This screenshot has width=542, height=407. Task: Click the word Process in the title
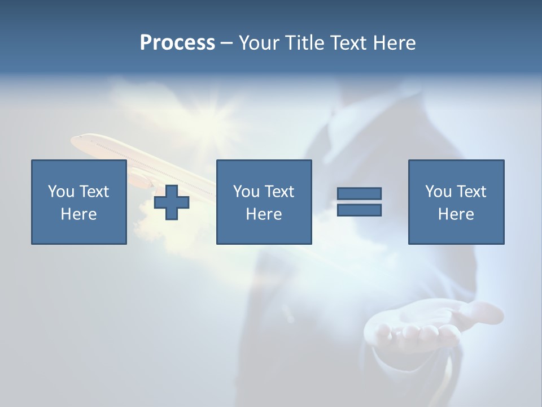[177, 43]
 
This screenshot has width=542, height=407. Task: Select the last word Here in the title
[394, 43]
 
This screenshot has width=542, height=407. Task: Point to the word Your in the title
[258, 43]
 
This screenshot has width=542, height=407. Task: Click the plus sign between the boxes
[172, 202]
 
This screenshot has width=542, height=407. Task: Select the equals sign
[359, 202]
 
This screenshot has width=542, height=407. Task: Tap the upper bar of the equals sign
[359, 193]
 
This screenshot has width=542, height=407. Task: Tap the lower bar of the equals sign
[359, 210]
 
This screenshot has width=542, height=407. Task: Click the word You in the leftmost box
[61, 192]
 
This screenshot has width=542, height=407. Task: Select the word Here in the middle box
[264, 214]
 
